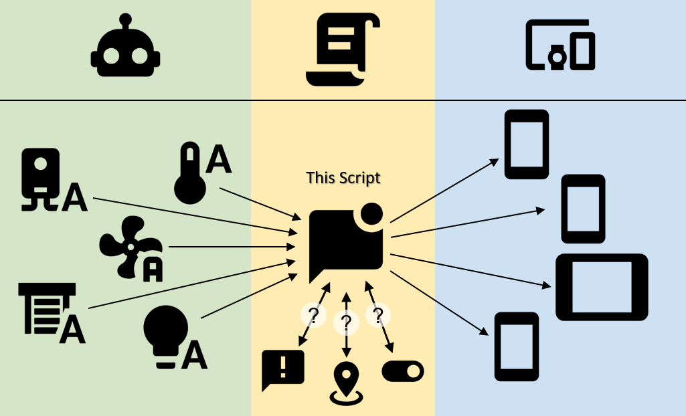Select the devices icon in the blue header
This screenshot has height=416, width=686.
[560, 45]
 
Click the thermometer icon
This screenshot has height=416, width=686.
[189, 172]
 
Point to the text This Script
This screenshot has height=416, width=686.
[343, 178]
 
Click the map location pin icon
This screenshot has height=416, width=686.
[346, 383]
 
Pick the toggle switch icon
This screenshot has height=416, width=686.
[403, 371]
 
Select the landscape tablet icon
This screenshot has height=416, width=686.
[602, 287]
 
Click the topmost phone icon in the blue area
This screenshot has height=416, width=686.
[526, 144]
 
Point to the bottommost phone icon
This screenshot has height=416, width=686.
[517, 346]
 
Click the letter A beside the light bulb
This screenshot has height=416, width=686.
[194, 355]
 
